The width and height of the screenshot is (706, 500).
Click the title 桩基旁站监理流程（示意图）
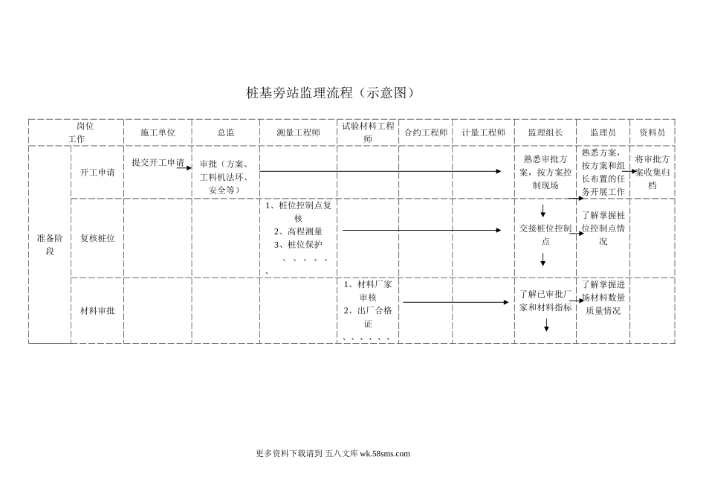point(329,93)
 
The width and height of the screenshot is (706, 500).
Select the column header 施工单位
point(158,132)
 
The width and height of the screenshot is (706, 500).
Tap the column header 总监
point(226,132)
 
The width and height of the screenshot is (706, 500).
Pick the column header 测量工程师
point(298,132)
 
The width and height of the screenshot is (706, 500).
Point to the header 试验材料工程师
point(368,132)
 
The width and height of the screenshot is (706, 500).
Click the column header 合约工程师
point(426,132)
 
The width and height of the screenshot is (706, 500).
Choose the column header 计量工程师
point(483,132)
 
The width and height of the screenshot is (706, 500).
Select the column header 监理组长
point(545,132)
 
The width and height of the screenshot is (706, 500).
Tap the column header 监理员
point(603,132)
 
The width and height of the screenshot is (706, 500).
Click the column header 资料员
point(652,132)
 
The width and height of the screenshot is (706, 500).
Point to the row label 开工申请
point(97,172)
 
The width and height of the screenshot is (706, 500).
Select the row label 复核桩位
point(97,238)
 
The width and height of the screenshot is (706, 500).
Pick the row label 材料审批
point(97,310)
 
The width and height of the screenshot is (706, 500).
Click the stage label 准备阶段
point(50,244)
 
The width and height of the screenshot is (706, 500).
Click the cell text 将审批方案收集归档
point(652,172)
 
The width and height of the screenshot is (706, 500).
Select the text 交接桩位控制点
point(545,235)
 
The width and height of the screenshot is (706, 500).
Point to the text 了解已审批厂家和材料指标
point(545,301)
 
